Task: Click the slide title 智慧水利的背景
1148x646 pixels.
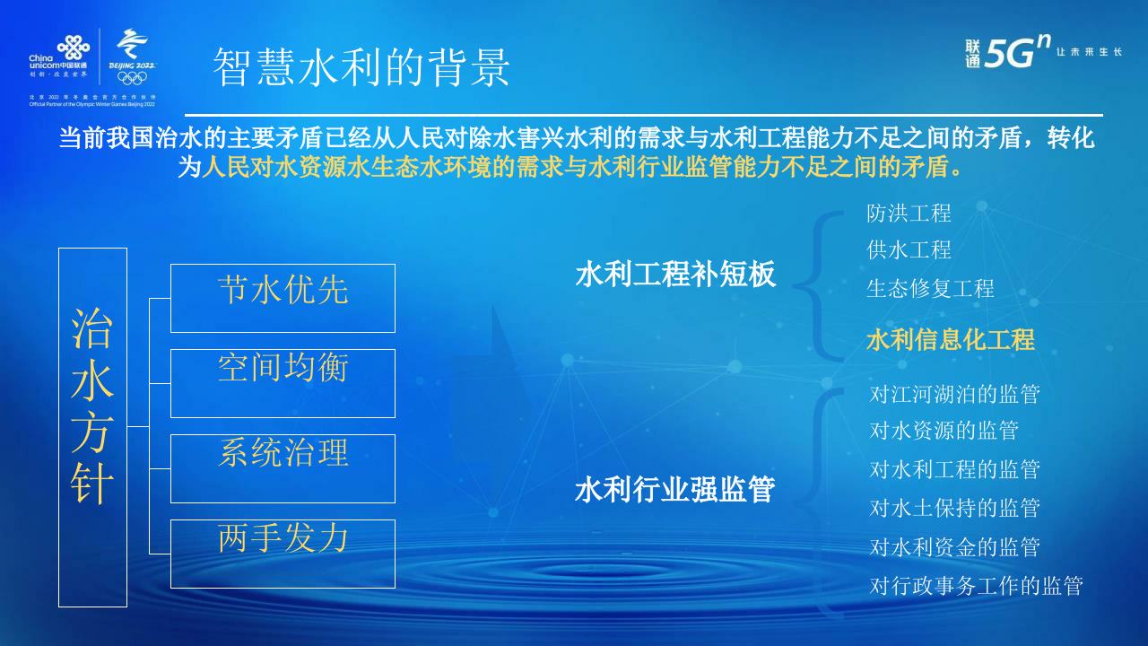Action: pos(361,67)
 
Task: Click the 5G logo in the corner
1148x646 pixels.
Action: pos(1016,52)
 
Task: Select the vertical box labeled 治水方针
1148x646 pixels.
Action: pos(92,427)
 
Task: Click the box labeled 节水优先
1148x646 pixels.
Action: pos(283,298)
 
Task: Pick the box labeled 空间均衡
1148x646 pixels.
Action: pos(283,383)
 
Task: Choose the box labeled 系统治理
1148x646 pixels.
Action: pos(283,468)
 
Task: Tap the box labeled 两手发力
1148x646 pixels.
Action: pos(283,554)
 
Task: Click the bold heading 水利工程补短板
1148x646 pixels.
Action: pos(675,275)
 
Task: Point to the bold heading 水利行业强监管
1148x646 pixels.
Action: pos(675,490)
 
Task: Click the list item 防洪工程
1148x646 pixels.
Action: pos(909,214)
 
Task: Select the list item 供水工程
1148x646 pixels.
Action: pos(909,250)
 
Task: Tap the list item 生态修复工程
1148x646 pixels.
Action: pos(930,289)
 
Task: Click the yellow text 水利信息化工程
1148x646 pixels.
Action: pos(950,340)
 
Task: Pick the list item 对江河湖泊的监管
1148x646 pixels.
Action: pos(954,394)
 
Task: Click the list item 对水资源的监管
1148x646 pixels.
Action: pos(944,431)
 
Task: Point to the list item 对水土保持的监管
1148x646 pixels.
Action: pos(954,508)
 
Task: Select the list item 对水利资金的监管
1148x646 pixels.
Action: pos(954,546)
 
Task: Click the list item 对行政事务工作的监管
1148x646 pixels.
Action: pos(976,586)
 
